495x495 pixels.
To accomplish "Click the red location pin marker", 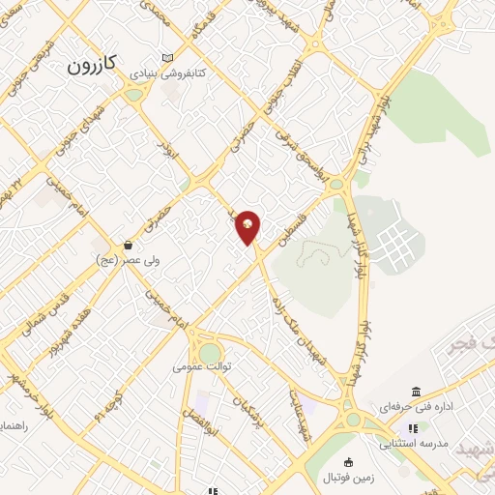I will [248, 226].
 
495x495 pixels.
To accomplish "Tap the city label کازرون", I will [93, 65].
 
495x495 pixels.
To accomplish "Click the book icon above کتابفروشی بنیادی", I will [169, 58].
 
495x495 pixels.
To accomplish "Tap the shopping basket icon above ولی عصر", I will [128, 246].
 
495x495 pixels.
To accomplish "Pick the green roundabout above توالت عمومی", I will [210, 353].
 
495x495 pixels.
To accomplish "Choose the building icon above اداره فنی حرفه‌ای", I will [416, 392].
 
